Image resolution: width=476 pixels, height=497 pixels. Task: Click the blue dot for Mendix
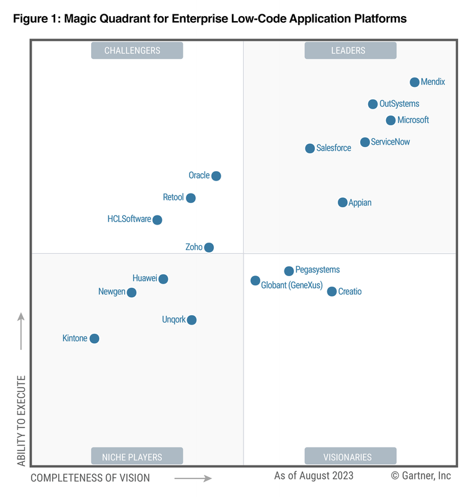(x=415, y=82)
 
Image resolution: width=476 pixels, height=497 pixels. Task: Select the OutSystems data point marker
(x=372, y=104)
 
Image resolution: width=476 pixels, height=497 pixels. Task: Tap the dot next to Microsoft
(x=390, y=120)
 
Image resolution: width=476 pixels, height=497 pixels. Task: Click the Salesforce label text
(x=333, y=148)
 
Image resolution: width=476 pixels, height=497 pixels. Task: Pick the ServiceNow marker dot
(x=365, y=142)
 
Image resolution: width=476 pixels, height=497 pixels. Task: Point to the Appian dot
(x=343, y=202)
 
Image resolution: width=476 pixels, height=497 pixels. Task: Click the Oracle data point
(x=216, y=176)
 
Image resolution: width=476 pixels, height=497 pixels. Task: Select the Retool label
(x=173, y=197)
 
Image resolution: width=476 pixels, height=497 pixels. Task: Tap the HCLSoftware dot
(x=157, y=220)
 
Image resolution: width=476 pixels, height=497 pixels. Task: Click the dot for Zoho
(x=209, y=247)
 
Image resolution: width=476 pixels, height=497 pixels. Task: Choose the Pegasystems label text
(x=317, y=270)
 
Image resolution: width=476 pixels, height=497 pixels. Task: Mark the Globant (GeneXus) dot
(x=255, y=280)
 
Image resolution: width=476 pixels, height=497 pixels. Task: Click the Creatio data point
(x=332, y=291)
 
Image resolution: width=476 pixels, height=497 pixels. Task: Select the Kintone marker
(x=94, y=338)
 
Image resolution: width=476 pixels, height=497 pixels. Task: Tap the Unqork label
(x=174, y=320)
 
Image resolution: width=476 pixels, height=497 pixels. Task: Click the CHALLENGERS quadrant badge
(x=137, y=51)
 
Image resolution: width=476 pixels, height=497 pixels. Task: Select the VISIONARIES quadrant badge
(x=350, y=457)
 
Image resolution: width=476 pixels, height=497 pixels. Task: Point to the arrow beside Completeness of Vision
(x=193, y=478)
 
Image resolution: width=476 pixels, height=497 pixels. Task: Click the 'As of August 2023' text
(x=314, y=476)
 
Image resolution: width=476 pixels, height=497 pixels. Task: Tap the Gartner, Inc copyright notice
(x=421, y=476)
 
